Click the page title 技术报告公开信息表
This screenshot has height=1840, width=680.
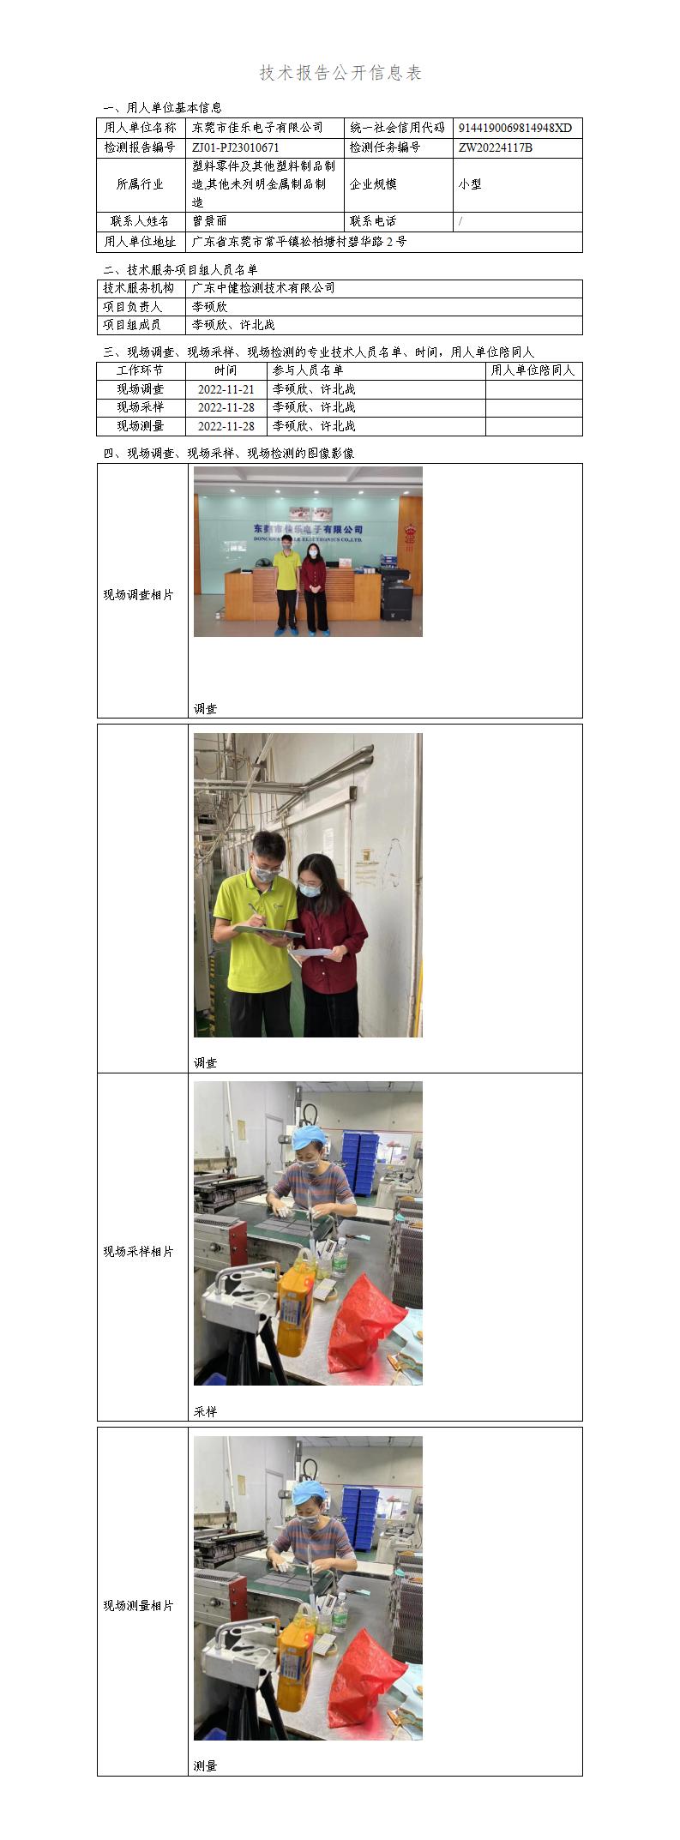click(340, 74)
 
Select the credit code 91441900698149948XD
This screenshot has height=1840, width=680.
click(515, 128)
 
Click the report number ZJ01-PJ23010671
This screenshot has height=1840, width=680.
click(236, 147)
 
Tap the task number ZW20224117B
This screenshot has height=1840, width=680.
click(496, 147)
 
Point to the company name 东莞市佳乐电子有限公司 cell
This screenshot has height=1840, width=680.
click(257, 128)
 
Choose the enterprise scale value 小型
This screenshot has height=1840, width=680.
click(470, 184)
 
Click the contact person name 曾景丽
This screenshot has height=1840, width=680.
click(210, 221)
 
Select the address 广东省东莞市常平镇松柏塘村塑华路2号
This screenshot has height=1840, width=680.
click(299, 242)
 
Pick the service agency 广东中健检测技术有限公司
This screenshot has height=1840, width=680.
click(263, 288)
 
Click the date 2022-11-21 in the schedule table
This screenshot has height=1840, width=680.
click(226, 389)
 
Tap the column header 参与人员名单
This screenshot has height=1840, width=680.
click(308, 370)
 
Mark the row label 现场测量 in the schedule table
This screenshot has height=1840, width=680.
click(140, 426)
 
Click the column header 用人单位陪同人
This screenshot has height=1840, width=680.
click(533, 370)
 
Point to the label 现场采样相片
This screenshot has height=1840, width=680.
click(139, 1252)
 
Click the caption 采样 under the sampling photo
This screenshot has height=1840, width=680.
click(206, 1411)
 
